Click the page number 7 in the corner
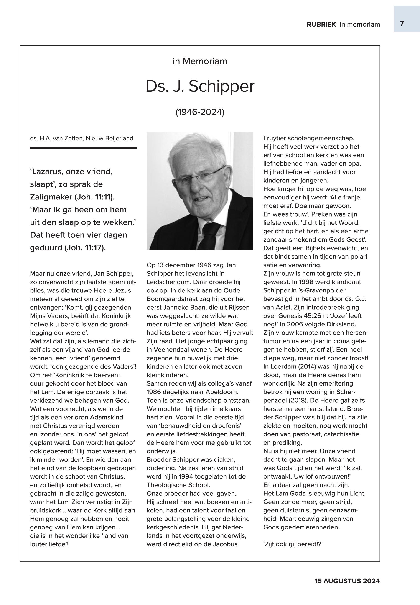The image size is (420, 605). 402,24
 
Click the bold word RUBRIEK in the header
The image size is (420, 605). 321,25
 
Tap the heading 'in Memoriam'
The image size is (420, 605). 200,61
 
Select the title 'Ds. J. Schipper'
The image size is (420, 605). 200,86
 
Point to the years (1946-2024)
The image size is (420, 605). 200,112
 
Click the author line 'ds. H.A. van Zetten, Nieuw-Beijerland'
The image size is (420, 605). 81,138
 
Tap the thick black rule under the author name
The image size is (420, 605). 83,148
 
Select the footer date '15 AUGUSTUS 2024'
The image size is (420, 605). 347,581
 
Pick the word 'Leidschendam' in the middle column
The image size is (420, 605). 169,282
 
